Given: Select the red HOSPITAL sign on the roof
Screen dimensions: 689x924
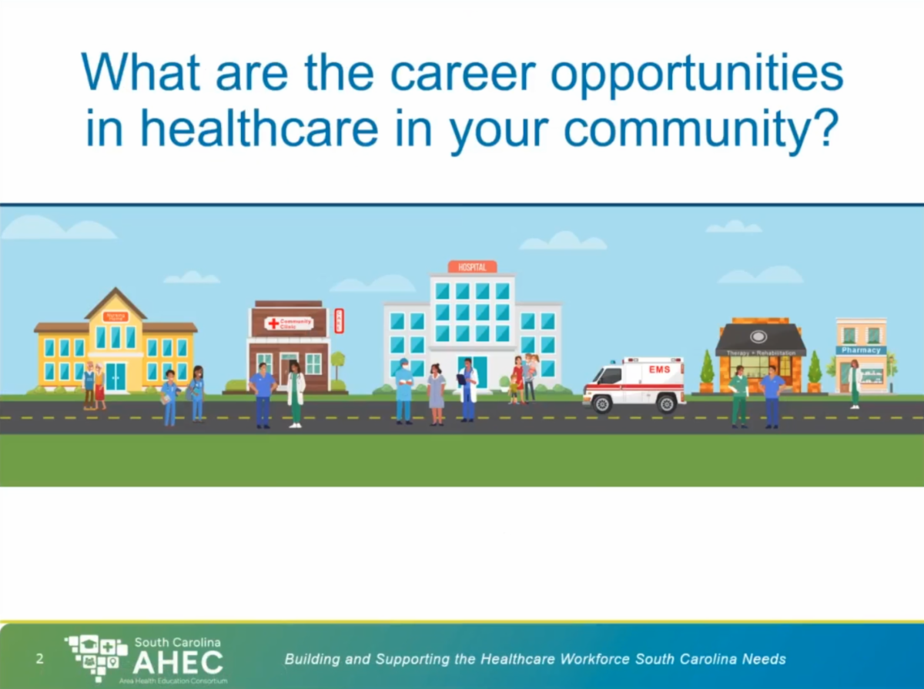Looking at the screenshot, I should pyautogui.click(x=472, y=267).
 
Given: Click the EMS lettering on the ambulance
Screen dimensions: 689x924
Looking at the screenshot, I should pyautogui.click(x=659, y=370).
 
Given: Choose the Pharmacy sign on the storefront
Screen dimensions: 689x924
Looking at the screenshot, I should pyautogui.click(x=861, y=350).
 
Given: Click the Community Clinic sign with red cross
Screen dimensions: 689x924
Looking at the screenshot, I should pyautogui.click(x=289, y=323).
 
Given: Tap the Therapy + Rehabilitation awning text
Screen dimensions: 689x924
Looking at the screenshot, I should pyautogui.click(x=761, y=353).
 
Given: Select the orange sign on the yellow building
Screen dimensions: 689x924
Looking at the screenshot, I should pyautogui.click(x=115, y=316).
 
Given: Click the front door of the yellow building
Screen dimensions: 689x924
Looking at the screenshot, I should pyautogui.click(x=115, y=377).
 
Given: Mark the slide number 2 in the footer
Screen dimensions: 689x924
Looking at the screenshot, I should pyautogui.click(x=39, y=660).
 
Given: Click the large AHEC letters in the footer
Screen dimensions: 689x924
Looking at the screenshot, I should pyautogui.click(x=178, y=663).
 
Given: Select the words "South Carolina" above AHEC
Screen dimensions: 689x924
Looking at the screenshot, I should pyautogui.click(x=178, y=642).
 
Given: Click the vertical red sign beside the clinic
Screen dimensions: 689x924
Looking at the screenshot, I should pyautogui.click(x=339, y=320).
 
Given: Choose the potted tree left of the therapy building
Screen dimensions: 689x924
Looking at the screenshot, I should pyautogui.click(x=706, y=373).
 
